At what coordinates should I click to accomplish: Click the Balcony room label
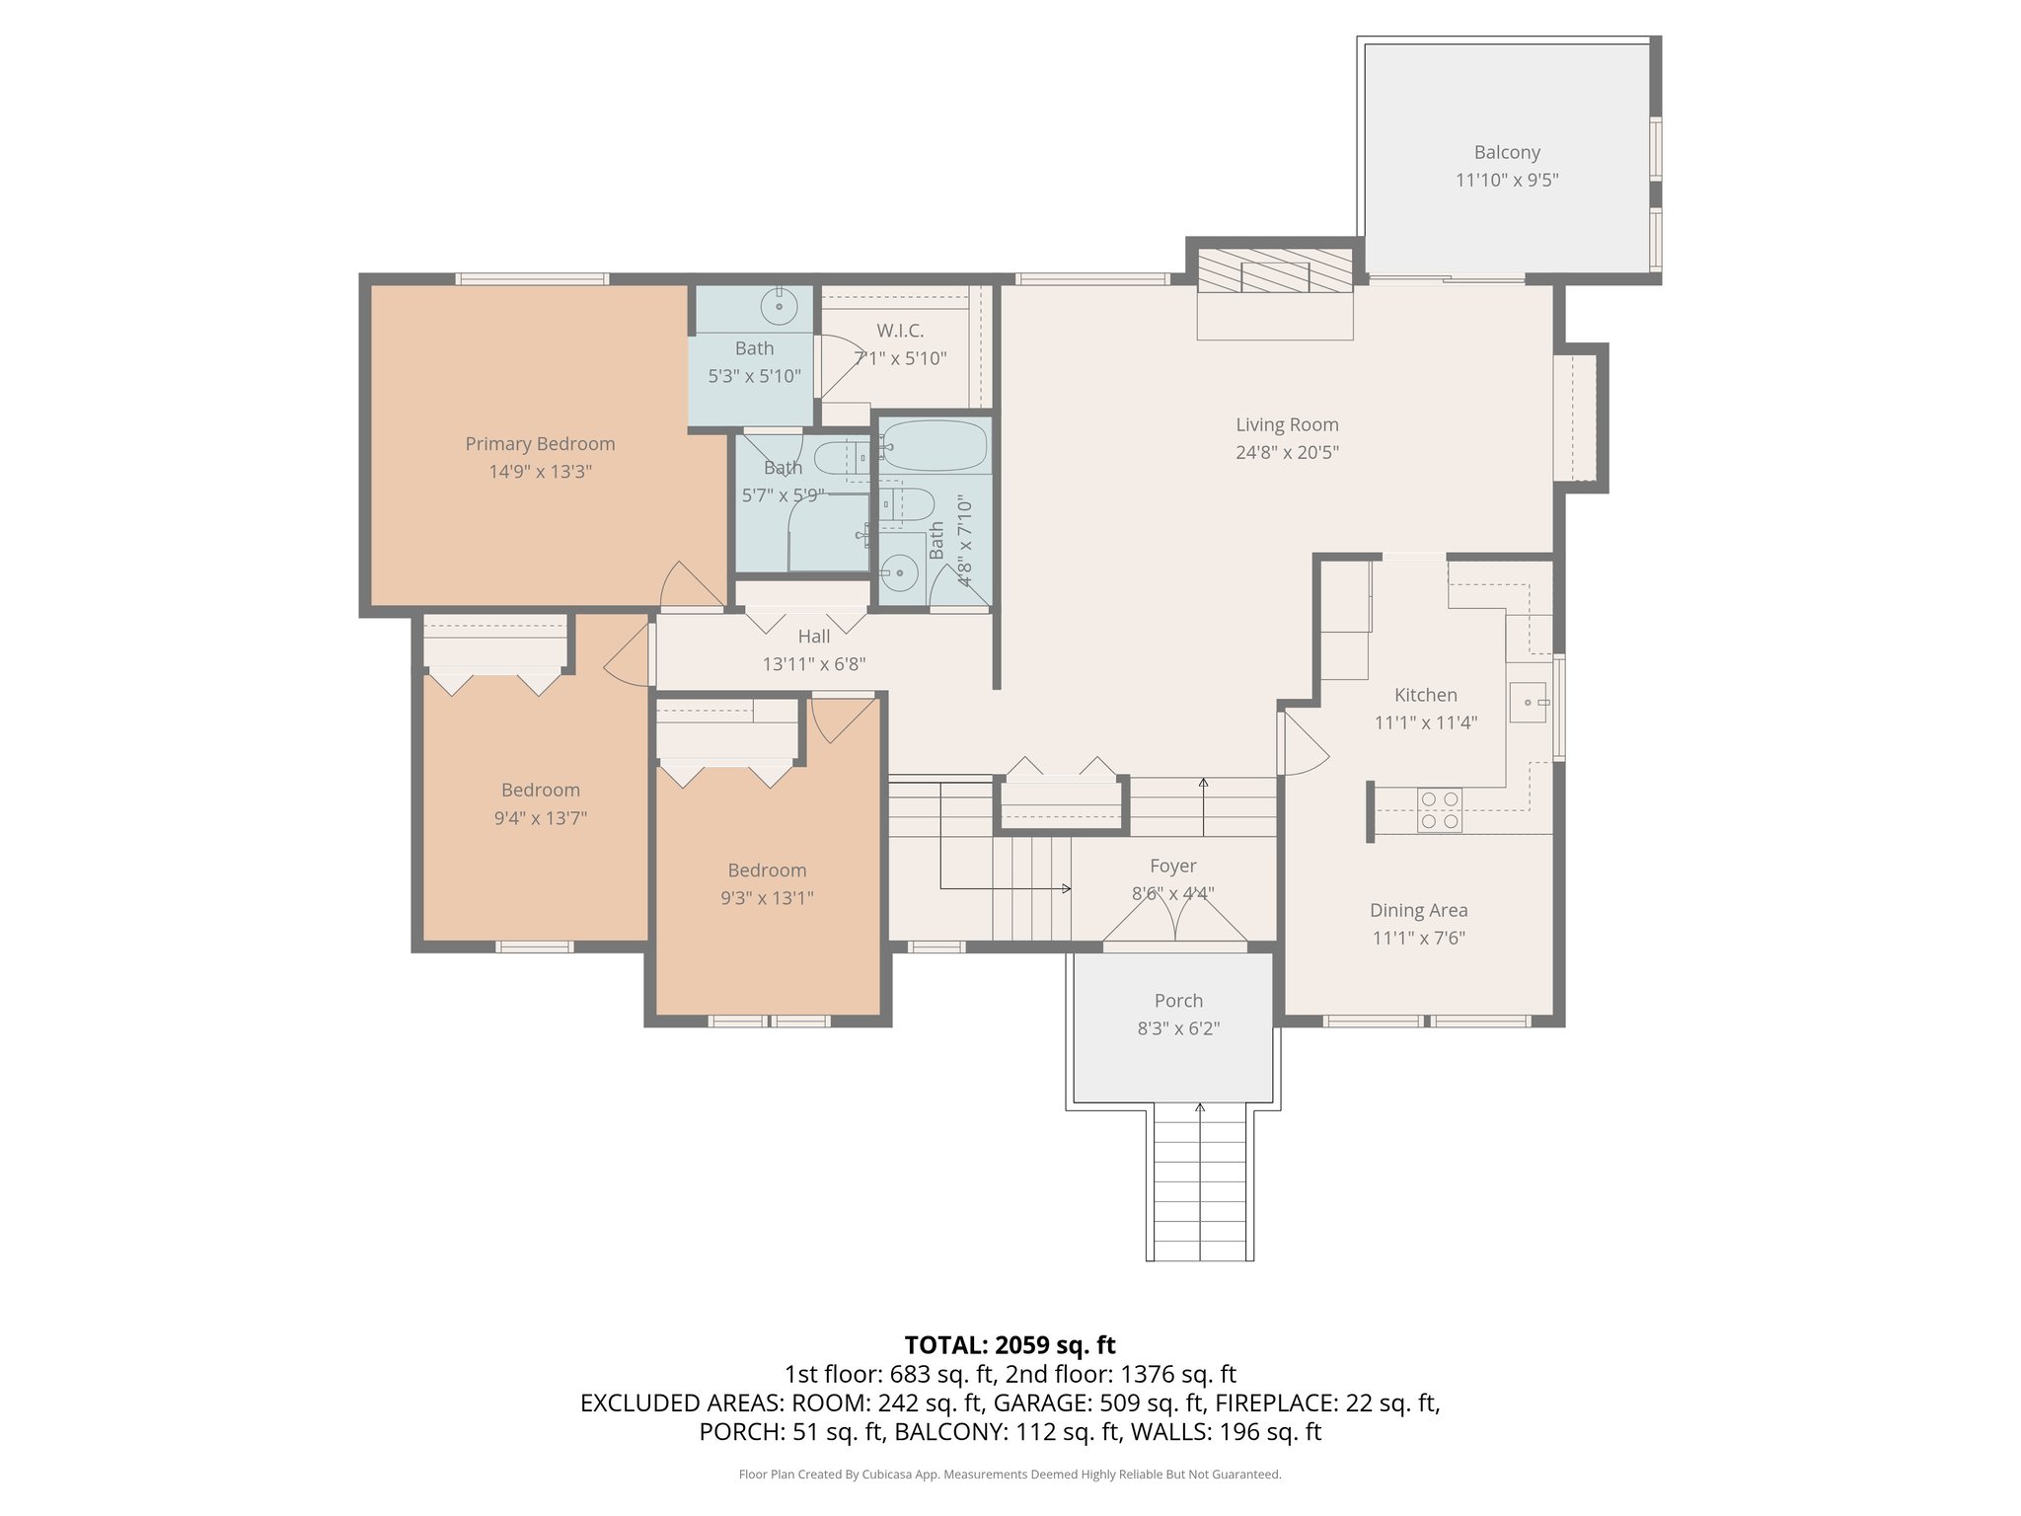[x=1506, y=152]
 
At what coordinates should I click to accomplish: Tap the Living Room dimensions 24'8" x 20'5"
[x=1287, y=453]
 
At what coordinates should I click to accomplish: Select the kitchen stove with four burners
[x=1439, y=810]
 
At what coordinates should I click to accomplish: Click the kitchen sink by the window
[x=1529, y=702]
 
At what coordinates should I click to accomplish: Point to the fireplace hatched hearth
[x=1274, y=270]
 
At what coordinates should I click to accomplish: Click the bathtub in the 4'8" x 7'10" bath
[x=933, y=446]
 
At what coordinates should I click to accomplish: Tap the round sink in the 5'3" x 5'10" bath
[x=779, y=307]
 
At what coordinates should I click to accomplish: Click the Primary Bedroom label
[x=540, y=444]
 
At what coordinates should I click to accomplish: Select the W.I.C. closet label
[x=900, y=331]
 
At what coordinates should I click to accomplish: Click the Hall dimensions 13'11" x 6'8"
[x=813, y=664]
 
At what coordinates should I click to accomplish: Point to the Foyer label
[x=1172, y=866]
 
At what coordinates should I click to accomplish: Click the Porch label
[x=1178, y=1001]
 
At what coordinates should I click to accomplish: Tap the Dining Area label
[x=1418, y=910]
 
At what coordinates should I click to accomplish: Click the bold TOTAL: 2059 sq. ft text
[x=1010, y=1344]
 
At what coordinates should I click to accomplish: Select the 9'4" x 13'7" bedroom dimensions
[x=540, y=818]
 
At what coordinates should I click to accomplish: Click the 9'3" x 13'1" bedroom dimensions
[x=767, y=898]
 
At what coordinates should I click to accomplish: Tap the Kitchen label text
[x=1425, y=695]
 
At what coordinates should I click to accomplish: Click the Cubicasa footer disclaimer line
[x=1010, y=1475]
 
